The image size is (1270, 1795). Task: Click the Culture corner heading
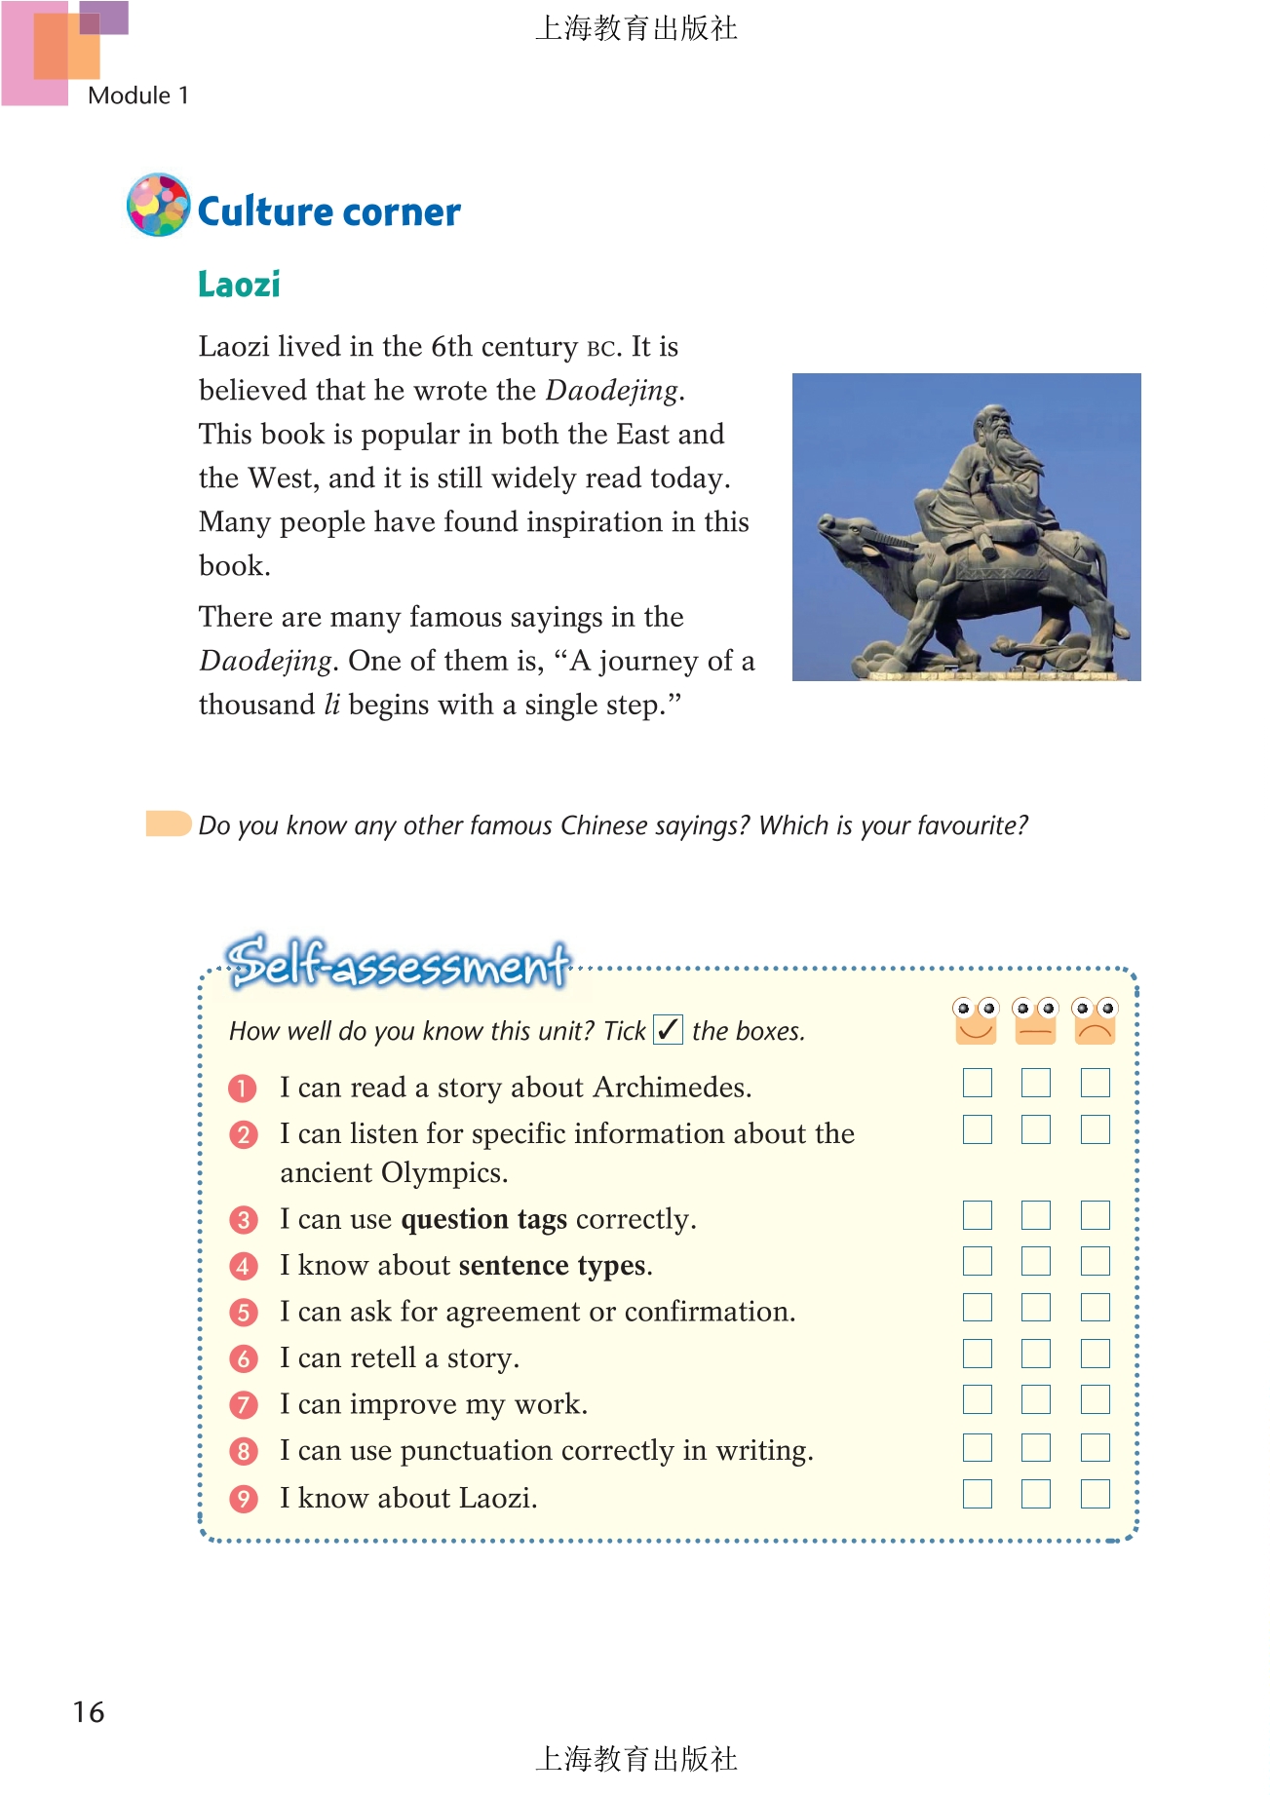coord(328,211)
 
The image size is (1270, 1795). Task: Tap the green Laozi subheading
coord(239,285)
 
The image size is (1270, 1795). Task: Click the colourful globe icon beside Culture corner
coord(158,205)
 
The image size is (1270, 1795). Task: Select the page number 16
coord(89,1712)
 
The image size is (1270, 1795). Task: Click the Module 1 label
coord(137,95)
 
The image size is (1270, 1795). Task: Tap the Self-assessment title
coord(399,963)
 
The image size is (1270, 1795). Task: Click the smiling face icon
coord(976,1020)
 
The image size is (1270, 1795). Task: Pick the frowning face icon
coord(1095,1020)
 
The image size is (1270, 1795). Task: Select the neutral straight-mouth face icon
coord(1035,1020)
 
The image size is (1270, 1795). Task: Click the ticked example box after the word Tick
coord(668,1029)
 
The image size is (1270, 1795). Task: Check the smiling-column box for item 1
coord(977,1083)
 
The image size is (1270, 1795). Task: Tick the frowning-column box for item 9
coord(1095,1494)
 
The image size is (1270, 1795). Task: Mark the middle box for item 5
coord(1035,1308)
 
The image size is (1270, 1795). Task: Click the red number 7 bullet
coord(243,1405)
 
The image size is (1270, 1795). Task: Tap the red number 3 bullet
coord(243,1220)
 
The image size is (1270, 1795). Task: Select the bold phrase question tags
coord(483,1219)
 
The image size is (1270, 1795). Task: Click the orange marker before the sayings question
coord(168,823)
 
